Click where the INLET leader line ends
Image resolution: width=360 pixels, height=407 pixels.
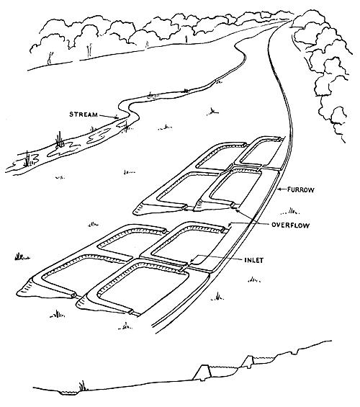coord(189,265)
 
